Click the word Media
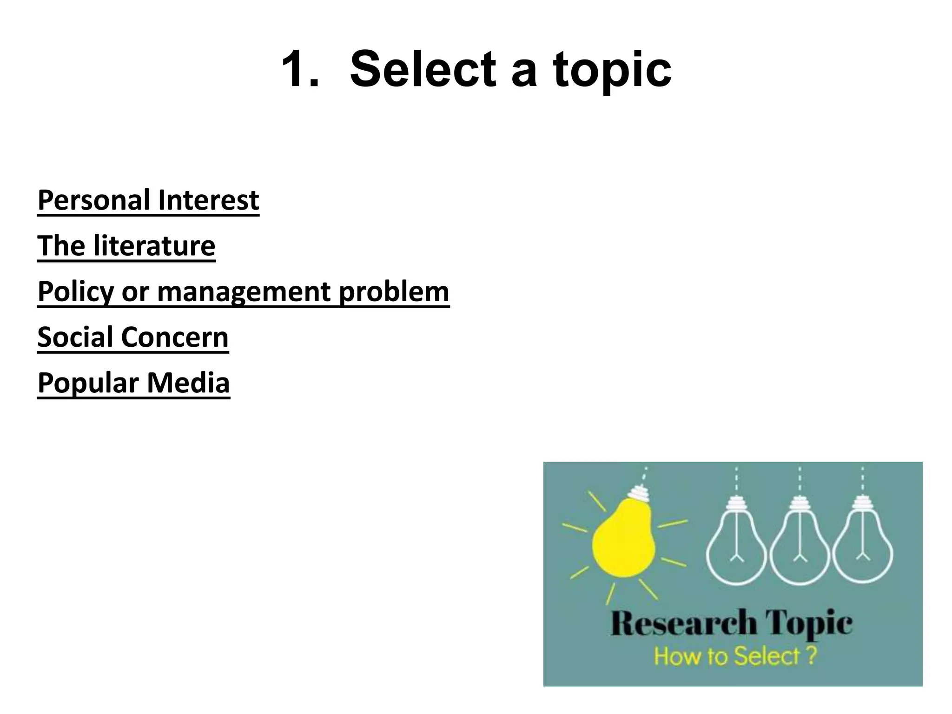point(188,383)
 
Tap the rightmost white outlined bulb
point(863,549)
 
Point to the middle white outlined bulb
point(800,549)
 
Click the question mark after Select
point(811,656)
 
